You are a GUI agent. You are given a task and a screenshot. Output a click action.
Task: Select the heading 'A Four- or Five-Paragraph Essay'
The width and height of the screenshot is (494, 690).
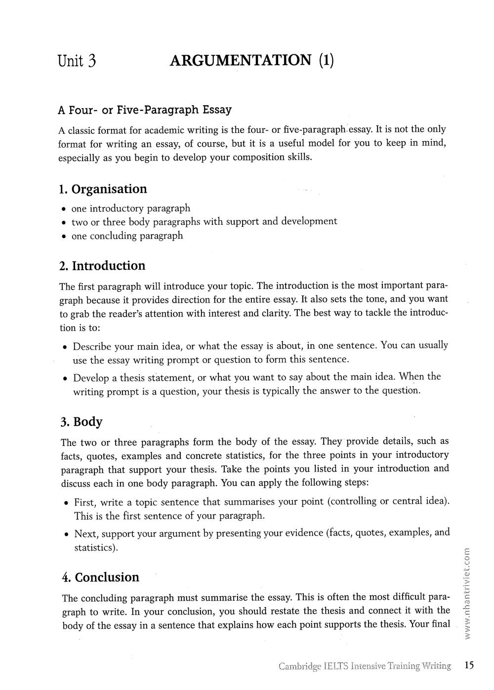point(145,109)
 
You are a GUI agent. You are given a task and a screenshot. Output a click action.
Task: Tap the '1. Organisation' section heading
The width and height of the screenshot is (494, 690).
point(103,189)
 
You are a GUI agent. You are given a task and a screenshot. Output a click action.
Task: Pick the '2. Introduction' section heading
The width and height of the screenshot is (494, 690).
point(102,266)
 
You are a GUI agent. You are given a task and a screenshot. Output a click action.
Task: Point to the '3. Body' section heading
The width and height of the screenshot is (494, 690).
point(82,422)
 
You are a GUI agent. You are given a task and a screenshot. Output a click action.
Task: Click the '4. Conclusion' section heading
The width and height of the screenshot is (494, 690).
point(101,577)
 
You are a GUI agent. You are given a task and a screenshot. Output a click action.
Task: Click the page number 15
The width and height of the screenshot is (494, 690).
point(469,665)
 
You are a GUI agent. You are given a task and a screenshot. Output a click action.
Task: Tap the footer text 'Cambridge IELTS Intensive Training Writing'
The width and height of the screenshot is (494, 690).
point(365,666)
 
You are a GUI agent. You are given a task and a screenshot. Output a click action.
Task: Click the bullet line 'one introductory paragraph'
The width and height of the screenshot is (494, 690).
point(130,208)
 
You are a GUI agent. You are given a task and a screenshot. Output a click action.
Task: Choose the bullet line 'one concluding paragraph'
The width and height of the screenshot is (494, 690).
point(127,236)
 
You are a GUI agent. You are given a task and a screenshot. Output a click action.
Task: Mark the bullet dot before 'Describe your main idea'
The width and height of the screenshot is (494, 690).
point(65,347)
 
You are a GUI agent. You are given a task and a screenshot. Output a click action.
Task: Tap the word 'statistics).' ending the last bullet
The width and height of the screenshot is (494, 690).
point(96,548)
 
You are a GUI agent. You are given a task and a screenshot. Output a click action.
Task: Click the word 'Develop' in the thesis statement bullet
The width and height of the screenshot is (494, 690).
point(91,378)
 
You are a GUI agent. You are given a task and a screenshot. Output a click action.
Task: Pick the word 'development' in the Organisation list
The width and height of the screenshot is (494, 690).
point(309,221)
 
